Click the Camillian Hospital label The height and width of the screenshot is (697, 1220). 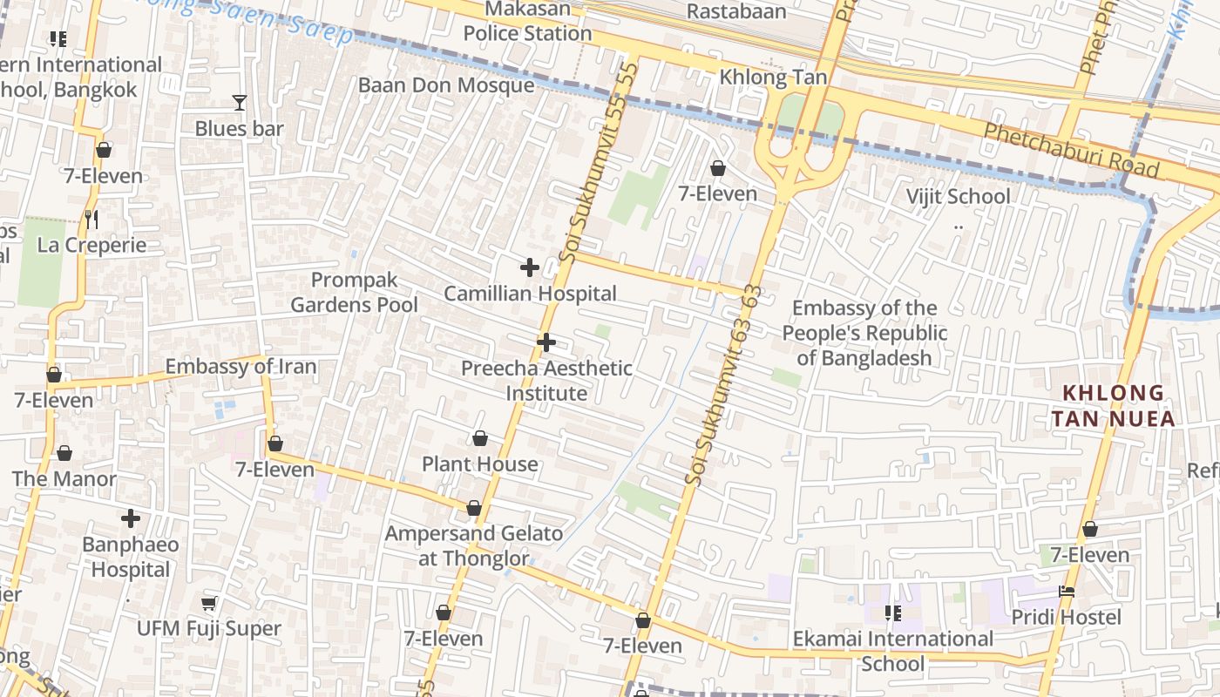point(530,294)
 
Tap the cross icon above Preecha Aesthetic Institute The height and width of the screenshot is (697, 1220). point(546,342)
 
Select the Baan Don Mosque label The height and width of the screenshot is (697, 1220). point(446,85)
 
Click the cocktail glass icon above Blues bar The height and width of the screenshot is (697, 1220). point(240,103)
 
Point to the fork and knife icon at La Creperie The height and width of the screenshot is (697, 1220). point(91,219)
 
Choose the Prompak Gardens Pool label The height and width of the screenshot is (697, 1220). point(354,293)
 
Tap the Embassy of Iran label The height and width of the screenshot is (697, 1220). point(241,366)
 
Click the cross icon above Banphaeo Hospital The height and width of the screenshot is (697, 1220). point(131,519)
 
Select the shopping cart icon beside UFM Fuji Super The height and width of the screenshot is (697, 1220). point(208,603)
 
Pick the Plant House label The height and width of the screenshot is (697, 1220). point(480,464)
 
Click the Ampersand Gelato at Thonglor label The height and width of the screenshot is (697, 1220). point(474,545)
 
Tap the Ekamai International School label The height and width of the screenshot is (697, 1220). point(892,651)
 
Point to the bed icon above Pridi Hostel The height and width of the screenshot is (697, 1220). point(1067,592)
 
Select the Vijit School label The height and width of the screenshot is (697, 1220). point(958,196)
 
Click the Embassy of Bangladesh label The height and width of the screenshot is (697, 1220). point(864,333)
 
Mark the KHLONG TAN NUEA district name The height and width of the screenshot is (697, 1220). point(1112,406)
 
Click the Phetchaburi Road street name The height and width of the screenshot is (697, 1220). point(1071,150)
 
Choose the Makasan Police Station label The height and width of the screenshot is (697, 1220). point(527,22)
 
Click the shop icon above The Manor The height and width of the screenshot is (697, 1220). point(64,453)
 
